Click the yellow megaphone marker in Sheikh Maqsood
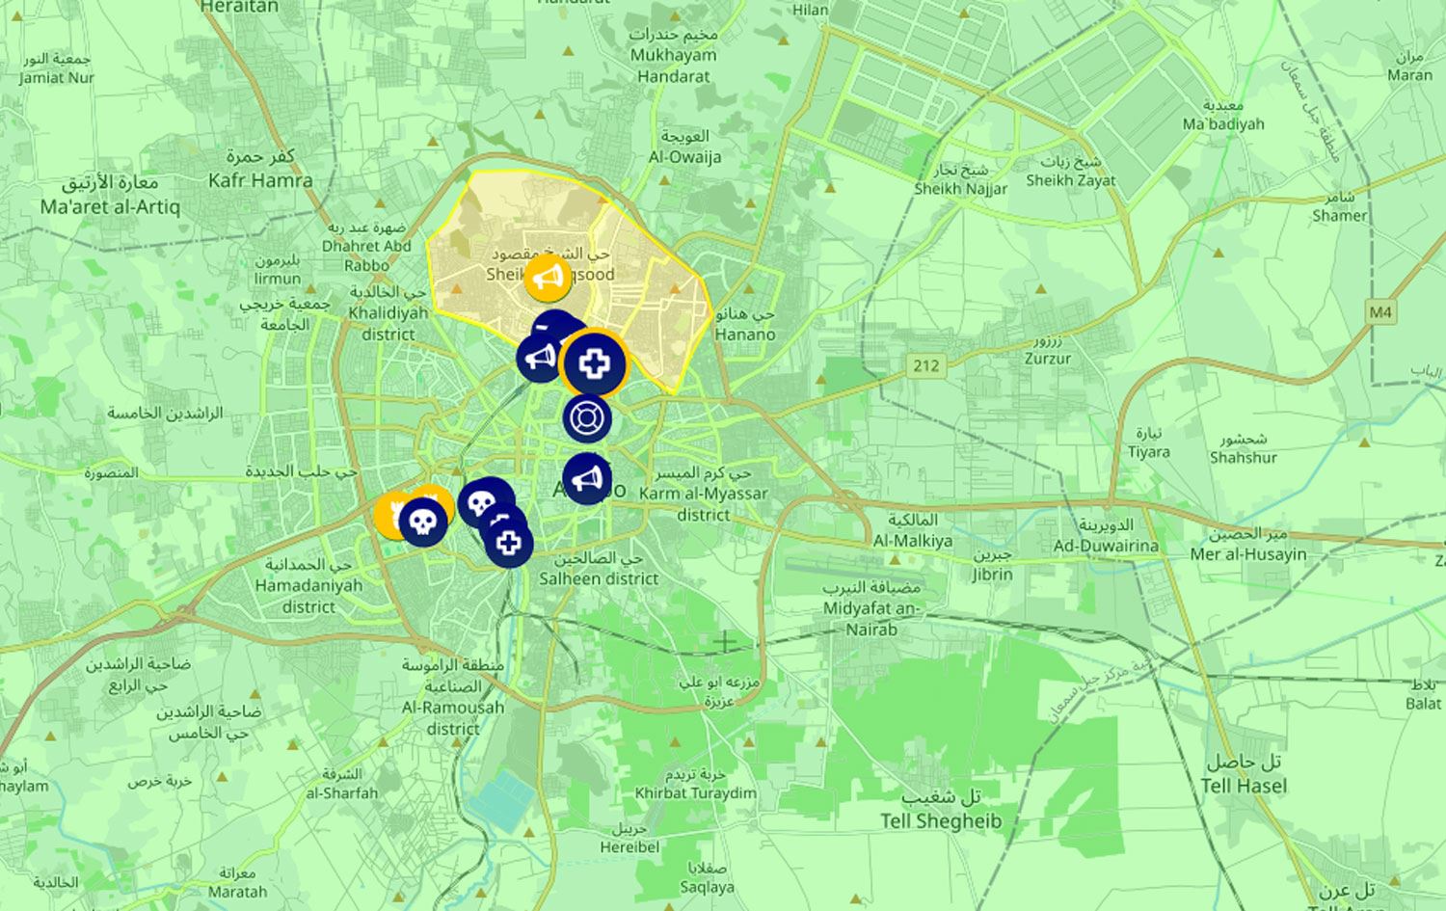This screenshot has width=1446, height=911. [x=548, y=279]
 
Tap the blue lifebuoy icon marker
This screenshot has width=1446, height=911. [x=587, y=418]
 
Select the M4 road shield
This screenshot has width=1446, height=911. [x=1380, y=312]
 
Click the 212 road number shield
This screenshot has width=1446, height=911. [x=925, y=365]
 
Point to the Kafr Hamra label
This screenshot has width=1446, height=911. [x=260, y=180]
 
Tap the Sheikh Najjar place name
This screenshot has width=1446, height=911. [x=960, y=189]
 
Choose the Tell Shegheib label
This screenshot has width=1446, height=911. [x=940, y=821]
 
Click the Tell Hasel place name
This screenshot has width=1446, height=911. [x=1244, y=786]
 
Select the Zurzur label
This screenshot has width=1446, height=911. [x=1048, y=359]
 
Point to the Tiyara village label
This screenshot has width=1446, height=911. [x=1148, y=452]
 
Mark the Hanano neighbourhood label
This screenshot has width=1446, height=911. [x=745, y=335]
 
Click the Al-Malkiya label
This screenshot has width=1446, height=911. [x=912, y=541]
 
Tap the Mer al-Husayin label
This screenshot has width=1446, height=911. [x=1247, y=554]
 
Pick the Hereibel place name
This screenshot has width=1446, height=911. [x=629, y=847]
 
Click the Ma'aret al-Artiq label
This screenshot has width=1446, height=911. [x=110, y=206]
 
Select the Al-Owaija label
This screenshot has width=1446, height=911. [x=684, y=157]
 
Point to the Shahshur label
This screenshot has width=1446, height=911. [x=1244, y=458]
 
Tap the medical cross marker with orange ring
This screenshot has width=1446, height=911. [x=594, y=363]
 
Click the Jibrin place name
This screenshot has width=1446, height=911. [x=992, y=575]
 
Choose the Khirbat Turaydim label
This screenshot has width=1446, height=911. [x=695, y=793]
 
